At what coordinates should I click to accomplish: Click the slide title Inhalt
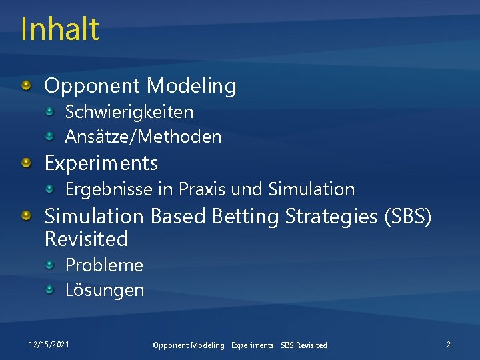pyautogui.click(x=60, y=29)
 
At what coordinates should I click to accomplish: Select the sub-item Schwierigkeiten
pyautogui.click(x=129, y=112)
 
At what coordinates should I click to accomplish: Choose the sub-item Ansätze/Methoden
pyautogui.click(x=143, y=137)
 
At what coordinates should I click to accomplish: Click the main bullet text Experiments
pyautogui.click(x=101, y=163)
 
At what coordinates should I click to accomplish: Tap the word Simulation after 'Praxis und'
pyautogui.click(x=311, y=189)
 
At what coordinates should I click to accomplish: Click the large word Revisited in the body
pyautogui.click(x=86, y=239)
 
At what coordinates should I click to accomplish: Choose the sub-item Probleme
pyautogui.click(x=104, y=265)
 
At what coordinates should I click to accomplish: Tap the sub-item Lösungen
pyautogui.click(x=104, y=290)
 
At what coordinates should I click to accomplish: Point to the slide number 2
pyautogui.click(x=448, y=345)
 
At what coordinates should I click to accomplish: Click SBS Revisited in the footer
pyautogui.click(x=304, y=345)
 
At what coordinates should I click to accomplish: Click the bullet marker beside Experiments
pyautogui.click(x=26, y=163)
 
